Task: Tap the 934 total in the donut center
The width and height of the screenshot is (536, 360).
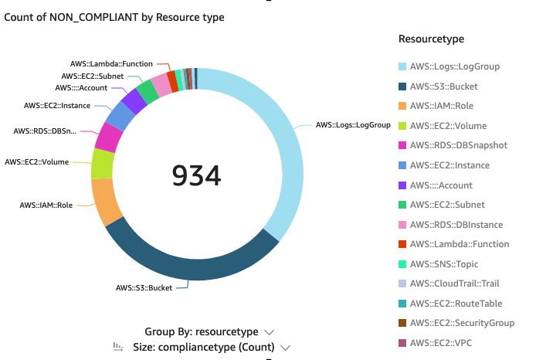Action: [x=196, y=176]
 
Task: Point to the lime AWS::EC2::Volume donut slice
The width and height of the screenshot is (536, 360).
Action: [x=102, y=163]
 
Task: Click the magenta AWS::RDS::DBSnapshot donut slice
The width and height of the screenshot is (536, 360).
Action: [x=109, y=138]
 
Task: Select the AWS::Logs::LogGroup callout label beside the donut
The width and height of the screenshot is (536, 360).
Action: [x=352, y=124]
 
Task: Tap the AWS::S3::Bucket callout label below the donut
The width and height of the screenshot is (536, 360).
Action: [x=143, y=288]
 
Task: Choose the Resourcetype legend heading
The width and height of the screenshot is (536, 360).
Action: [x=431, y=39]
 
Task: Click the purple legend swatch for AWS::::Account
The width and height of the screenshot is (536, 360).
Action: [x=402, y=185]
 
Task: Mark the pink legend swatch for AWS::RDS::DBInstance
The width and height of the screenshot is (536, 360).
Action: [x=402, y=225]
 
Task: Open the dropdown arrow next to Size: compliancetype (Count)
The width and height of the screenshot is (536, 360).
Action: [x=286, y=348]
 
